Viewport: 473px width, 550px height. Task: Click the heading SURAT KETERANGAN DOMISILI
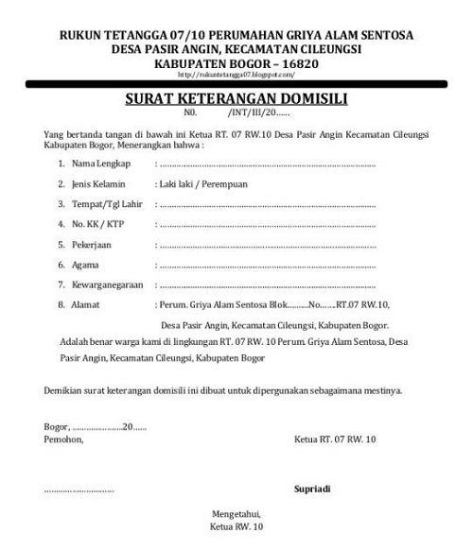tap(236, 97)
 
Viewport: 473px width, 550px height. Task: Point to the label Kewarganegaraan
tap(112, 284)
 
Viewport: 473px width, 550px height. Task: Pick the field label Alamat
tap(89, 305)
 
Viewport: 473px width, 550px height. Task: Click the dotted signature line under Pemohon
tap(79, 490)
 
